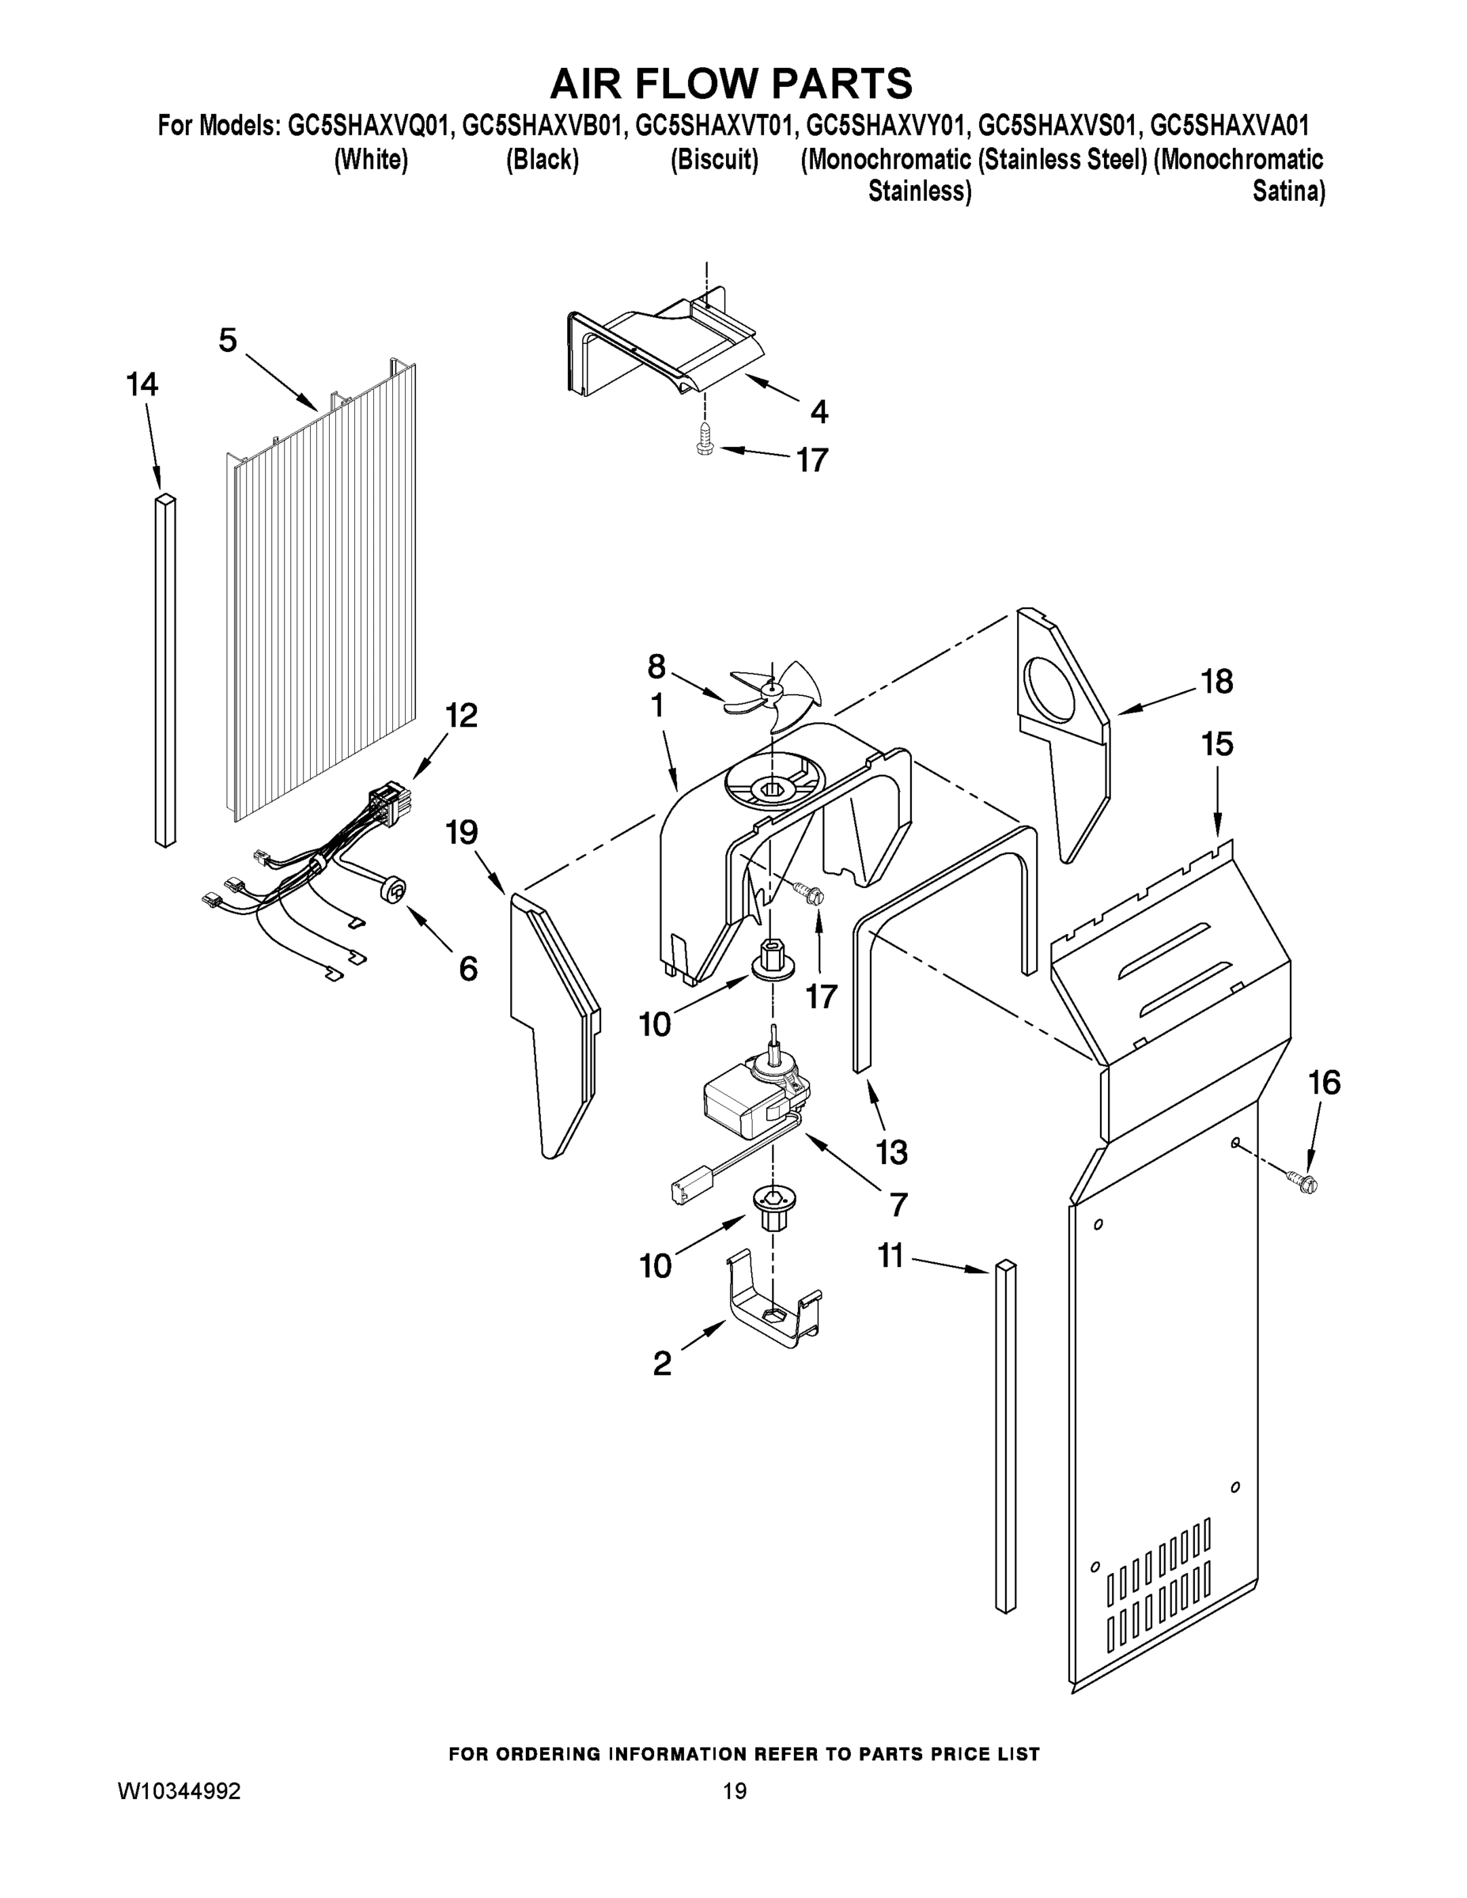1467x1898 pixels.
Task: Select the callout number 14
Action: point(142,384)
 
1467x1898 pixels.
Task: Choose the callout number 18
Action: point(1217,682)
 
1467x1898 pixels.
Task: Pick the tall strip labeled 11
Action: point(1004,1434)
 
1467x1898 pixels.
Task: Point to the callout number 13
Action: point(892,1152)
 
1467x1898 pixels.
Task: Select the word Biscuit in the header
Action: point(714,160)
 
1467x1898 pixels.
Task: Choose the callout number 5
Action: point(227,340)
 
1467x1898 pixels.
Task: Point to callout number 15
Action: point(1217,745)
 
